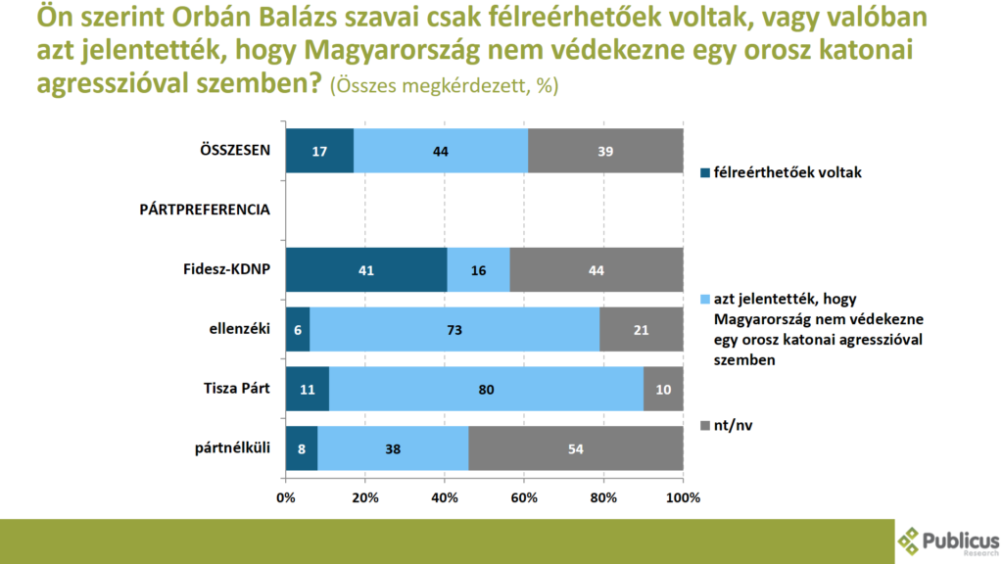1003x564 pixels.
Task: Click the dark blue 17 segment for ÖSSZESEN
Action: [x=319, y=151]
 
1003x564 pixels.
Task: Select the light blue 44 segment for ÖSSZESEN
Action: [x=441, y=151]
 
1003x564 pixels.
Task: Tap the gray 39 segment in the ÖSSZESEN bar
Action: [x=605, y=151]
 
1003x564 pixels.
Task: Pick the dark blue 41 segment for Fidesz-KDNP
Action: [x=365, y=269]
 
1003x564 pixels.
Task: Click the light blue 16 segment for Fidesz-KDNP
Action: [x=478, y=269]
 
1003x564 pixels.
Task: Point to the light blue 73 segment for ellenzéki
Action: [x=454, y=329]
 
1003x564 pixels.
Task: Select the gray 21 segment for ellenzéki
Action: [x=642, y=329]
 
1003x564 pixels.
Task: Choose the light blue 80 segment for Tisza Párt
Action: [x=486, y=389]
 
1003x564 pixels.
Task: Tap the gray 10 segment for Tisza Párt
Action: [x=663, y=389]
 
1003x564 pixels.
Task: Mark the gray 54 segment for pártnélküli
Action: [x=576, y=448]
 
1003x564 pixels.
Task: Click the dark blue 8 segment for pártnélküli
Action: [x=301, y=448]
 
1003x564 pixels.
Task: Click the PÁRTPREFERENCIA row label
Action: [x=205, y=211]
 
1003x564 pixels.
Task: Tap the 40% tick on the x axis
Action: [x=445, y=497]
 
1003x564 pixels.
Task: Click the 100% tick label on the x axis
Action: [x=683, y=497]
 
